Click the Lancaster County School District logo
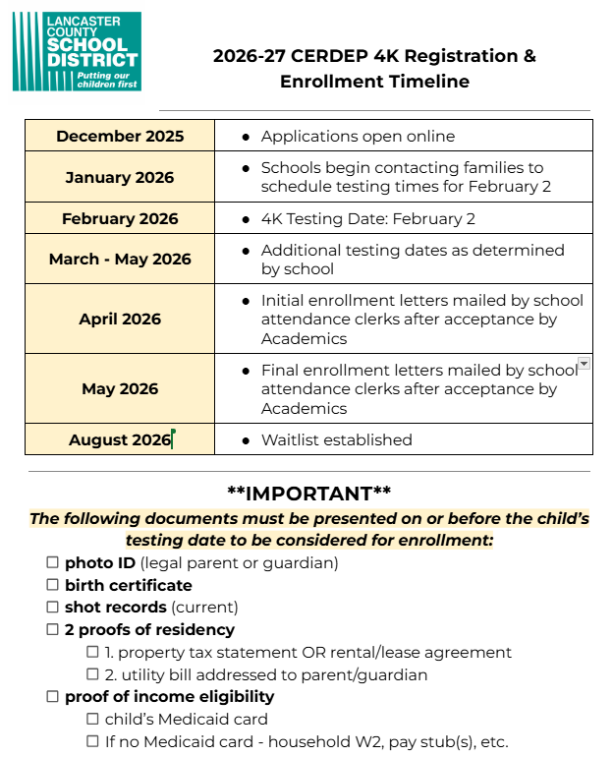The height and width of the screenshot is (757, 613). pos(77,51)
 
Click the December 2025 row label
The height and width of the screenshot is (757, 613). pos(120,136)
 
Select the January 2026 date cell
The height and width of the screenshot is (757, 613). pos(120,177)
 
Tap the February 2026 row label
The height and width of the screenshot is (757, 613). pos(120,218)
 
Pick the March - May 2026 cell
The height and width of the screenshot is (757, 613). pos(120,260)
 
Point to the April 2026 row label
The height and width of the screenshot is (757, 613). pos(120,319)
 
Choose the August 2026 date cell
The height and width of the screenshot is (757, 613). pos(120,439)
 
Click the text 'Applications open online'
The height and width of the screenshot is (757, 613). pos(358,136)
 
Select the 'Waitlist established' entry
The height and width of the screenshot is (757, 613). pos(336,439)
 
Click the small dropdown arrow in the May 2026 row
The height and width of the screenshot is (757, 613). pos(584,364)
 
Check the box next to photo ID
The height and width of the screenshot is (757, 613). pos(52,563)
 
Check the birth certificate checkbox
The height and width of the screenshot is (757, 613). pos(52,585)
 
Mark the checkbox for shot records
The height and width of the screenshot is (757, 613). pos(52,608)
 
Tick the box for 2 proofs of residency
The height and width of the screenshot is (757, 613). pos(52,629)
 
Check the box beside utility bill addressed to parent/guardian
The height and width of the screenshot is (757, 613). pos(92,674)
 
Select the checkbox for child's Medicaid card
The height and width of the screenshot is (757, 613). pos(92,719)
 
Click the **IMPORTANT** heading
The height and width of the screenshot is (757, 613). pos(308,494)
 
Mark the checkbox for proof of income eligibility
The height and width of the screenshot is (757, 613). pos(52,696)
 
